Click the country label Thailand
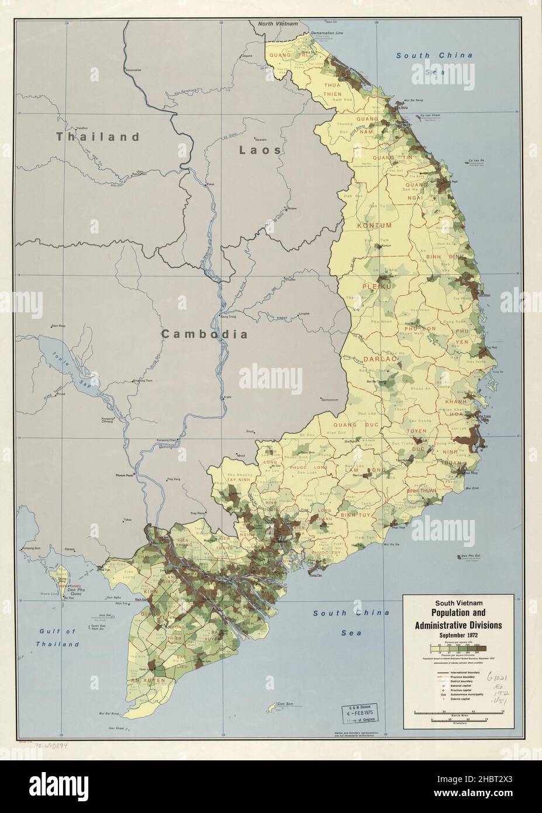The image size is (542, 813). [98, 137]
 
